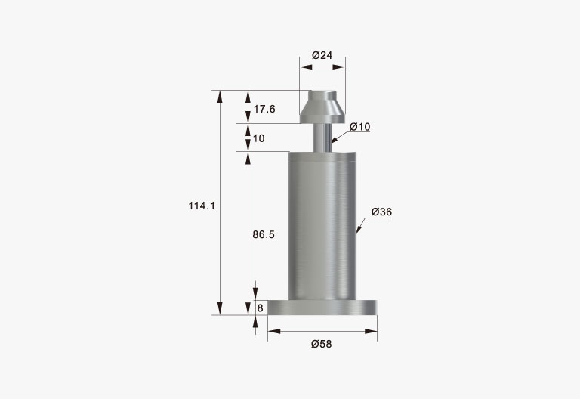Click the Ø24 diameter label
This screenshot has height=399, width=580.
pos(322,55)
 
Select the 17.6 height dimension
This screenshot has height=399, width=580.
pos(264,109)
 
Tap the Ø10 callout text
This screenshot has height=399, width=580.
pos(360,127)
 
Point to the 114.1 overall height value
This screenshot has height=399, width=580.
pos(202,206)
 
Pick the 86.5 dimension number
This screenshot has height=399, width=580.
pos(264,235)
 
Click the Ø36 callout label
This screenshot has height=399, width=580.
pos(381,212)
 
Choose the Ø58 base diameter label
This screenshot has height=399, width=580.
pos(322,345)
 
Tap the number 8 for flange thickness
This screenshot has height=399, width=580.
pos(260,308)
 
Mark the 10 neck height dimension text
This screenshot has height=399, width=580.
pos(259,138)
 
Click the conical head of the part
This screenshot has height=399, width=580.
pos(322,107)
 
